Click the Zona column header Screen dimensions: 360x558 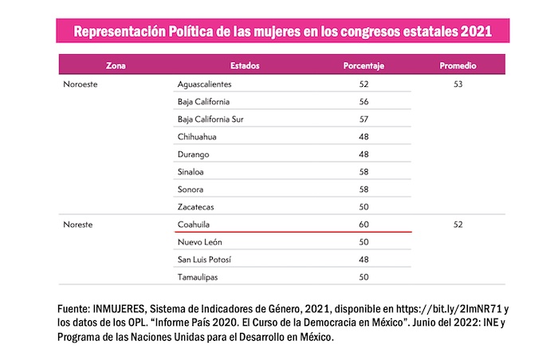pos(115,65)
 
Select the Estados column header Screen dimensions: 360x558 pos(245,65)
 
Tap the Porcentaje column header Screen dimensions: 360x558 pos(363,65)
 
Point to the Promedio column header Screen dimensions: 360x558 pos(458,65)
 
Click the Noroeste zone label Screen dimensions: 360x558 pos(81,84)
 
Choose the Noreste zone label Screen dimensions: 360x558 pos(78,225)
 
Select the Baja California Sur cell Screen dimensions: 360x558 pos(210,119)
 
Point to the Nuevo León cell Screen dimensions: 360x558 pos(200,242)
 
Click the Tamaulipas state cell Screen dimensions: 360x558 pos(198,277)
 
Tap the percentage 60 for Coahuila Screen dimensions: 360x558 pos(364,225)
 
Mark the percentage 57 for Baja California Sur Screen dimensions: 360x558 pos(364,119)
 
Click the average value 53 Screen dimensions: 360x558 pos(458,84)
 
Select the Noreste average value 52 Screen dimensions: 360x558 pos(458,225)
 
